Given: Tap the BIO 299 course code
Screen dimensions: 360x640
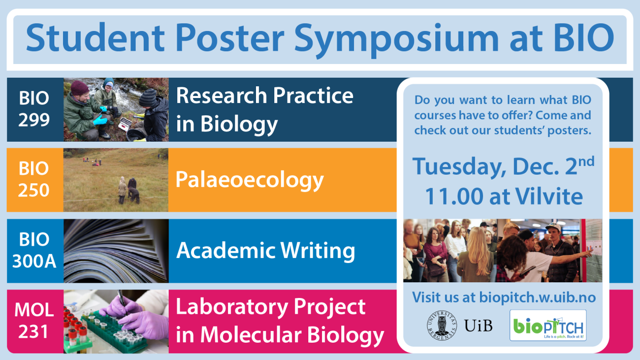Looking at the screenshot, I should click(34, 109).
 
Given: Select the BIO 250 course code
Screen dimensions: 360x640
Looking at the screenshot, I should click(34, 180).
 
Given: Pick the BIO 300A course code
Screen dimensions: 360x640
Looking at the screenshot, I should click(34, 251).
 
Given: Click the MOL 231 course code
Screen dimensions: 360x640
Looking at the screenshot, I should click(34, 321).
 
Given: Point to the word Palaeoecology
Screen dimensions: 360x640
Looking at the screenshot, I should click(249, 180).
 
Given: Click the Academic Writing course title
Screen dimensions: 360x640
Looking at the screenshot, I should click(265, 251).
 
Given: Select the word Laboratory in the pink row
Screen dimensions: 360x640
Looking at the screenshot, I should click(238, 307).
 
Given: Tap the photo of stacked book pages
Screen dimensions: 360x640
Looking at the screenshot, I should click(116, 251).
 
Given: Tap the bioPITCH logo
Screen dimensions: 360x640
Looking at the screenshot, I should click(548, 325).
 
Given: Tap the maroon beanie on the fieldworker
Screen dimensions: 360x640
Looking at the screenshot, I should click(79, 87).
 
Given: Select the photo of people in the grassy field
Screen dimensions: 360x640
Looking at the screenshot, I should click(116, 180).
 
